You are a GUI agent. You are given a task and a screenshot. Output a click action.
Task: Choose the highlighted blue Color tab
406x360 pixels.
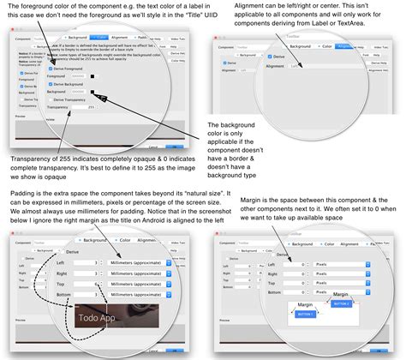(101, 39)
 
